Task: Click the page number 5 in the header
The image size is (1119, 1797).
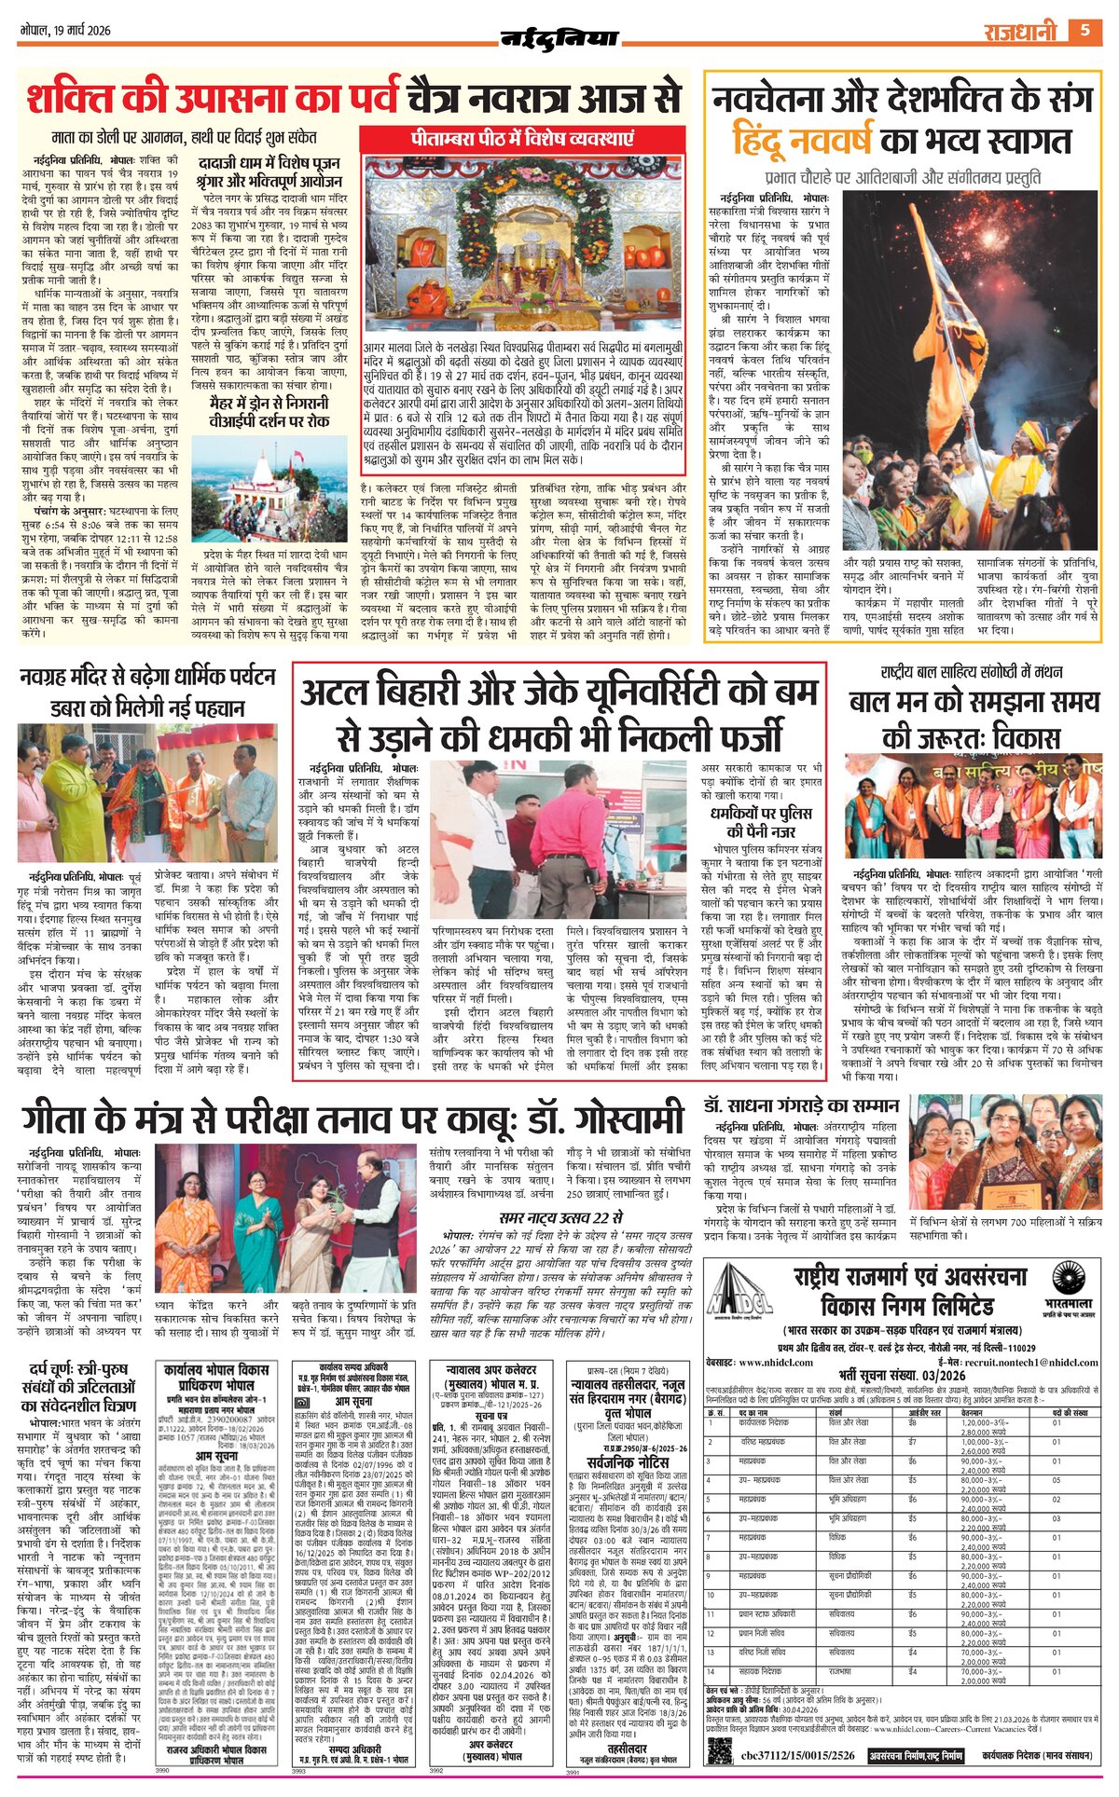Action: click(x=1084, y=31)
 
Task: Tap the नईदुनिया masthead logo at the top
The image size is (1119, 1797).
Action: click(x=559, y=38)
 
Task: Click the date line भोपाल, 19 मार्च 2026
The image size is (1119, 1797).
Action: click(x=65, y=30)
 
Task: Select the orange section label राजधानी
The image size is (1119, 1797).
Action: click(x=1020, y=33)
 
